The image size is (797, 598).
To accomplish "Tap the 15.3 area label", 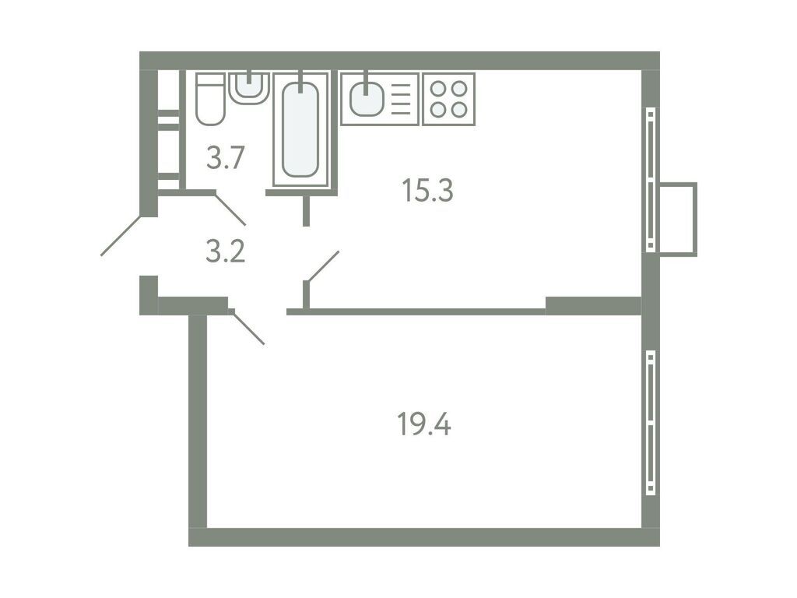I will click(427, 189).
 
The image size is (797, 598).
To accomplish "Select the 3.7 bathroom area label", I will click(226, 159).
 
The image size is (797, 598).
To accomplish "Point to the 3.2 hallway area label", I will click(226, 252).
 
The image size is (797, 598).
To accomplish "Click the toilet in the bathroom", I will click(209, 100).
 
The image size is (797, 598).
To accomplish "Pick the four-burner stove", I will click(448, 99).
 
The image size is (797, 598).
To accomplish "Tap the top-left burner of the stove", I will click(438, 88).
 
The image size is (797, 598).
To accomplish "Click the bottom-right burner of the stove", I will click(459, 110).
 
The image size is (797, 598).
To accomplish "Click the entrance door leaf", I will click(121, 236).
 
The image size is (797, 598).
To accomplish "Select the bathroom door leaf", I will click(230, 209).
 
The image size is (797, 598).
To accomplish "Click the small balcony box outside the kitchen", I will click(678, 219).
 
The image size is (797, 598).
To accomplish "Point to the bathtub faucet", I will click(300, 80).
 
